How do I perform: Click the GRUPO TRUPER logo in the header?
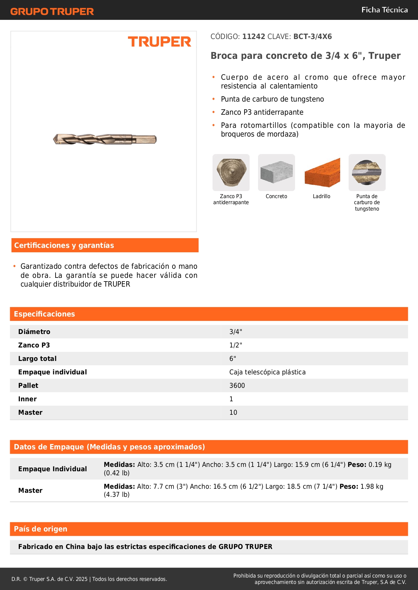point(52,11)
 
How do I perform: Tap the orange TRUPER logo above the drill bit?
point(159,42)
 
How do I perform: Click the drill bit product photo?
point(105,139)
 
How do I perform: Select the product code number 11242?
point(254,37)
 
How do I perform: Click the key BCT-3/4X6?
point(313,37)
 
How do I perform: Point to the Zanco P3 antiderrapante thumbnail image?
point(231,173)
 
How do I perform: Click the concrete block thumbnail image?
point(276,173)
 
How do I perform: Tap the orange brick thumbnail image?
point(322,173)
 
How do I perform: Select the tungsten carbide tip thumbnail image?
point(367,173)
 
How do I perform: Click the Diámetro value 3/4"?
point(236,332)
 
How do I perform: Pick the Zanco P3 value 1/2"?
point(236,345)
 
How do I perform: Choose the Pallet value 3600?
point(237,385)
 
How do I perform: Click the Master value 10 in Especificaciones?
point(233,412)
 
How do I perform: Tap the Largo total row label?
point(37,359)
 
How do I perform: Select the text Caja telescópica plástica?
point(267,372)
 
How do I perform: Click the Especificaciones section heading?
point(44,314)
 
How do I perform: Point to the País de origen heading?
point(40,529)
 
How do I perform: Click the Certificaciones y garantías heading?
point(64,245)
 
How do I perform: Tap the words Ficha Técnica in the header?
point(384,10)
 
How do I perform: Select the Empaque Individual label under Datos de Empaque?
point(53,469)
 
